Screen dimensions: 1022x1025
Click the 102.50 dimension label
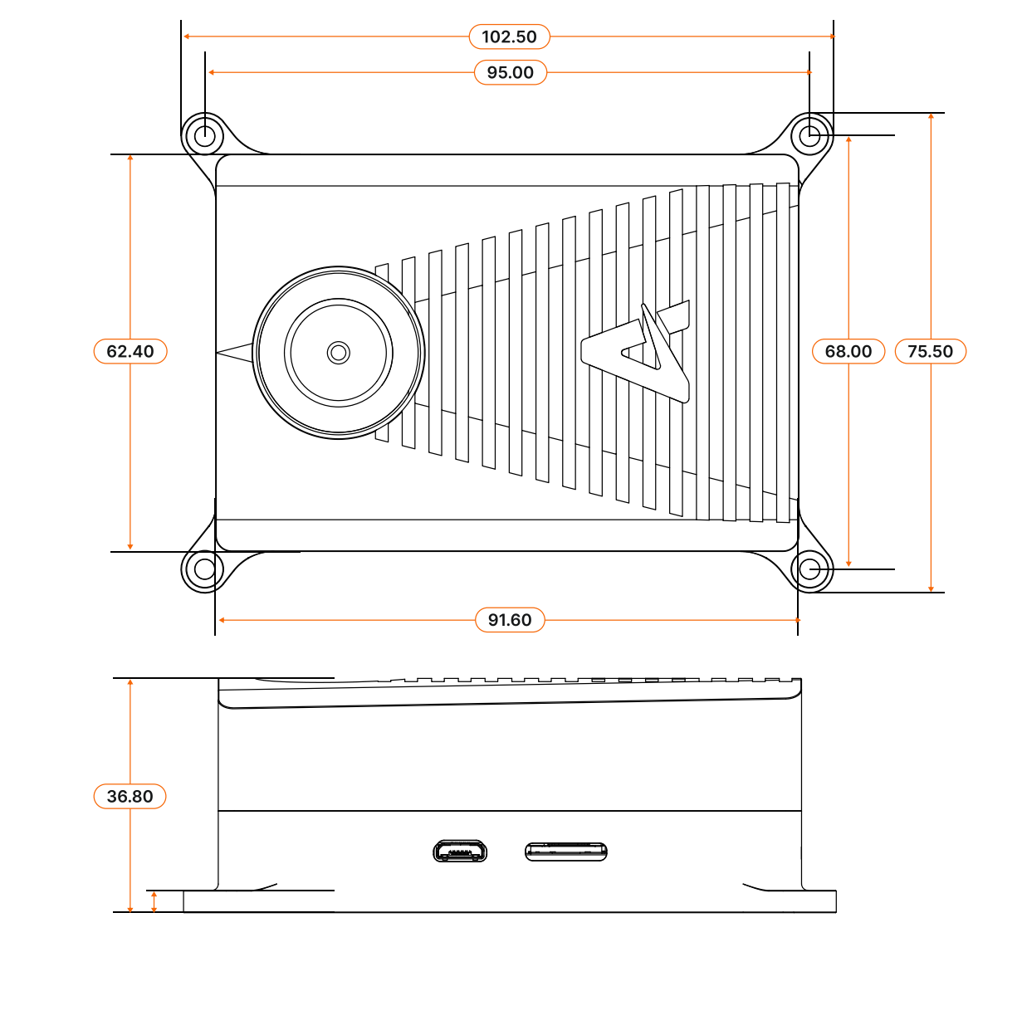509,37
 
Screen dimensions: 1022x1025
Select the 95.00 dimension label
510,72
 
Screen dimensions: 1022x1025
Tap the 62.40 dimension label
130,351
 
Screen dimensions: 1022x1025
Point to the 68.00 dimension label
848,351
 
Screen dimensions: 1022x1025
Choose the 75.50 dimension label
930,351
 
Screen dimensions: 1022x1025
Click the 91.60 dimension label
510,620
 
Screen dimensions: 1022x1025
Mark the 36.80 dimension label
130,796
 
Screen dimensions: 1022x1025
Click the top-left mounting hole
204,136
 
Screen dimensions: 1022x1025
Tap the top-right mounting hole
809,136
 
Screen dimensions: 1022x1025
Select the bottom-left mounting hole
204,569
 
